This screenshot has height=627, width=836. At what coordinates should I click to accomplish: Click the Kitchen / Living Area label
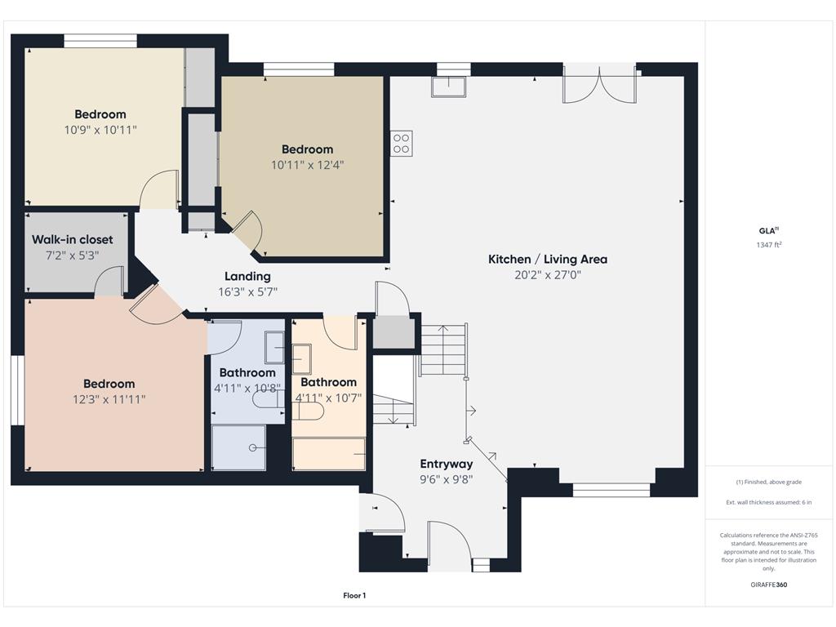point(547,260)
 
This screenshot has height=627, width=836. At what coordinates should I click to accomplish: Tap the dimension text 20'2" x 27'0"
point(547,275)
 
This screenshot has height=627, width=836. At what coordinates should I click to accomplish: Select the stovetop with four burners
point(401,144)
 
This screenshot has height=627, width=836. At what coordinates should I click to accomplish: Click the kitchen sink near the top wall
point(449,87)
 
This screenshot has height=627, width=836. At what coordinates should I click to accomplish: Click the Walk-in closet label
point(73,239)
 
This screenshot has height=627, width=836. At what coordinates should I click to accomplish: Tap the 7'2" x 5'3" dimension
point(73,255)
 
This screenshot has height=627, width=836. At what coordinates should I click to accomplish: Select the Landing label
point(247,276)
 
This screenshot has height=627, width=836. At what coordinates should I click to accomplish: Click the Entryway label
point(447,464)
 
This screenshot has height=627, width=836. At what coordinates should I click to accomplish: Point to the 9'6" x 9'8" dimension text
point(447,479)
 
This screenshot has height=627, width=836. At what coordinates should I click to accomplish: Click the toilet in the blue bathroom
point(266,400)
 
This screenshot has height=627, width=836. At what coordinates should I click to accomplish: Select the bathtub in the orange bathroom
point(329,454)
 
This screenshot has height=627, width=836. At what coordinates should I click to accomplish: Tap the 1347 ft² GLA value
point(770,245)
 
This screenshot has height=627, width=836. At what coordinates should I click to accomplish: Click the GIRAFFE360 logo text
point(769,585)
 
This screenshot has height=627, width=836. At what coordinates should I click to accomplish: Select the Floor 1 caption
point(354,596)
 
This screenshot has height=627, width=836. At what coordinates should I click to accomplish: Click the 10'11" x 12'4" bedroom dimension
point(307,165)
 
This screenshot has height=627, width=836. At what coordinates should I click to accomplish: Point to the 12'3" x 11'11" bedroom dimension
point(109,399)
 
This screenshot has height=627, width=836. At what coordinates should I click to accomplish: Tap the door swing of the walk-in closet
point(109,282)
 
